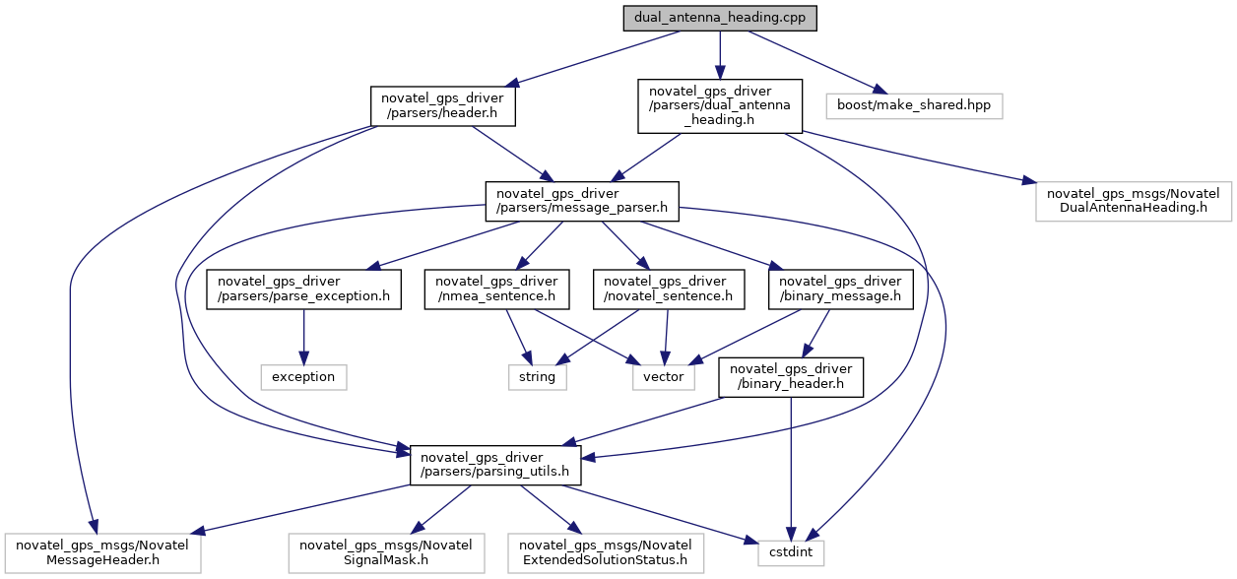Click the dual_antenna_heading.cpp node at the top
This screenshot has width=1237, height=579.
pyautogui.click(x=720, y=18)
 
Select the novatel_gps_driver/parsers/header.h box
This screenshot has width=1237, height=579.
pyautogui.click(x=443, y=106)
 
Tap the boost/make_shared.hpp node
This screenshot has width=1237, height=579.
pyautogui.click(x=914, y=106)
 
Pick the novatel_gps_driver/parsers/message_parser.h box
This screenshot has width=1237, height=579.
pyautogui.click(x=582, y=202)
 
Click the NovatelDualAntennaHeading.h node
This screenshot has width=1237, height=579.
pyautogui.click(x=1134, y=202)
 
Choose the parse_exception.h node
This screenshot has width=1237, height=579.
pyautogui.click(x=303, y=289)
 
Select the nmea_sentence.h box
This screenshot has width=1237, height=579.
pyautogui.click(x=496, y=289)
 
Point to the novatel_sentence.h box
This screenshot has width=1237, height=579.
pyautogui.click(x=669, y=289)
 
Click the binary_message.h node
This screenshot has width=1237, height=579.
pyautogui.click(x=840, y=289)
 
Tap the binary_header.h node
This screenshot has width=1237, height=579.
pyautogui.click(x=791, y=377)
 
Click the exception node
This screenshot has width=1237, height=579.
pyautogui.click(x=303, y=377)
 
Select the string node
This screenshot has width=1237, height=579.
pyautogui.click(x=538, y=377)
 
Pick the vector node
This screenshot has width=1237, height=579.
pyautogui.click(x=663, y=377)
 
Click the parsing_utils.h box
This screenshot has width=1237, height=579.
pyautogui.click(x=495, y=466)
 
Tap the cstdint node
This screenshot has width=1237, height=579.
pyautogui.click(x=791, y=553)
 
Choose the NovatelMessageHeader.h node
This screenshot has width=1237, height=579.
pyautogui.click(x=102, y=553)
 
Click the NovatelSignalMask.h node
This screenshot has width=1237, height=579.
pyautogui.click(x=386, y=553)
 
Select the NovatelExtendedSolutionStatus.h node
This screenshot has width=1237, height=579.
pyautogui.click(x=606, y=553)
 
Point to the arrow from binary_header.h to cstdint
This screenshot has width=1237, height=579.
pyautogui.click(x=791, y=469)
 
